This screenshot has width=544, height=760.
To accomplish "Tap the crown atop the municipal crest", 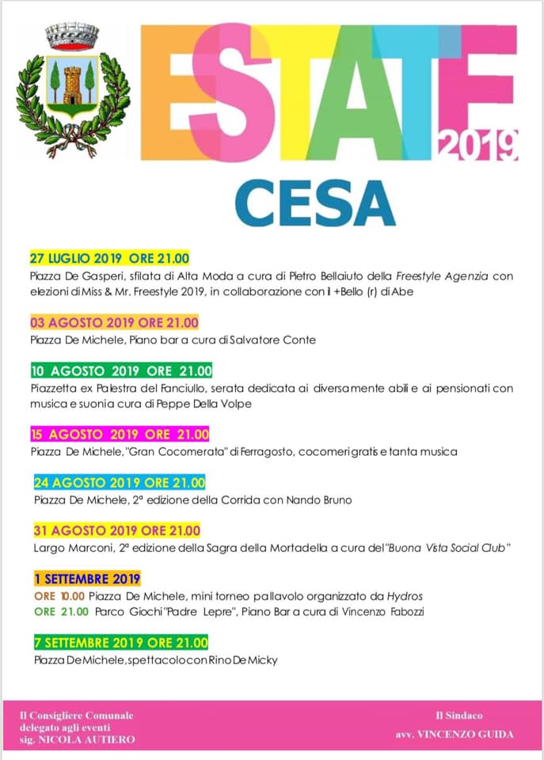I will (73, 36).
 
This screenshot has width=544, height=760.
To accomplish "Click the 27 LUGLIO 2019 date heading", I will (110, 259).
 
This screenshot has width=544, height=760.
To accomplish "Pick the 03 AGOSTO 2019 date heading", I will (114, 322).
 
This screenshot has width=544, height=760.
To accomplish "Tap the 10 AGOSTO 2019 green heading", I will (121, 370).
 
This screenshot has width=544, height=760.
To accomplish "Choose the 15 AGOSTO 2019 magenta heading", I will (119, 434).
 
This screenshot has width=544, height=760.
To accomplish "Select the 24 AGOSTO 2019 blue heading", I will (120, 483).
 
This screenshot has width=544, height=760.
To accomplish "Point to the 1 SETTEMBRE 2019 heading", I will (87, 579).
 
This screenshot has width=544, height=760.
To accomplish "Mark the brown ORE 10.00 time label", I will (59, 595).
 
